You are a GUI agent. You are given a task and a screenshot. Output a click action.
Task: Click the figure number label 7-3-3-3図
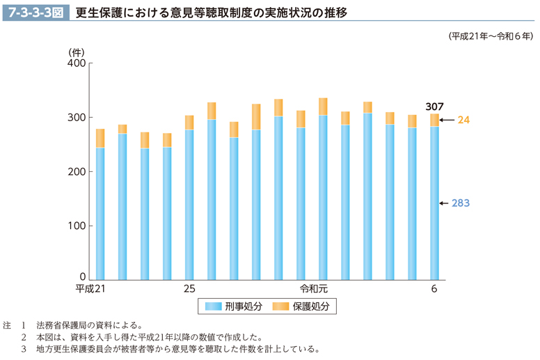[35, 12]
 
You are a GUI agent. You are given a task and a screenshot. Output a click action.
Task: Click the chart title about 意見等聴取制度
[211, 12]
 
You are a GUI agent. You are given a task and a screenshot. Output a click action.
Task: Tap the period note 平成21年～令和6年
[490, 36]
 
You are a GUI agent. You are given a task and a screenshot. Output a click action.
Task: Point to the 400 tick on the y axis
[76, 63]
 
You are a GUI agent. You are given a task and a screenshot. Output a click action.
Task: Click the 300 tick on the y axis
[76, 118]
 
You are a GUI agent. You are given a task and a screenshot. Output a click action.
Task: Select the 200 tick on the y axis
[76, 172]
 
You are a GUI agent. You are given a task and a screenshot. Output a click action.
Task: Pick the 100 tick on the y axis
[76, 226]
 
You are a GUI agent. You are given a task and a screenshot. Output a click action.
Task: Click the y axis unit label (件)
[77, 51]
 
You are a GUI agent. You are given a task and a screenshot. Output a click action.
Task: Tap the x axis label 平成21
[90, 288]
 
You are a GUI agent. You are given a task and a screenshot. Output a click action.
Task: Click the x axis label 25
[189, 288]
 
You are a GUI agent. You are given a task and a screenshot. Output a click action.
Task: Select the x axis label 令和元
[313, 288]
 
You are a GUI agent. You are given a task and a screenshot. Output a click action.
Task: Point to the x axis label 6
[434, 288]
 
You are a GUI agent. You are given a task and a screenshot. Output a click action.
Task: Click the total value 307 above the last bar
[434, 105]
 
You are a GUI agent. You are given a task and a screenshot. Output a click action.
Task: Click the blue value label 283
[461, 203]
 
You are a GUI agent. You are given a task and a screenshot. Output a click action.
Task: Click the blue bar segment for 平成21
[100, 212]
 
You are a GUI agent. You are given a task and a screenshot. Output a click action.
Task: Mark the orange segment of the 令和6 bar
[434, 120]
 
